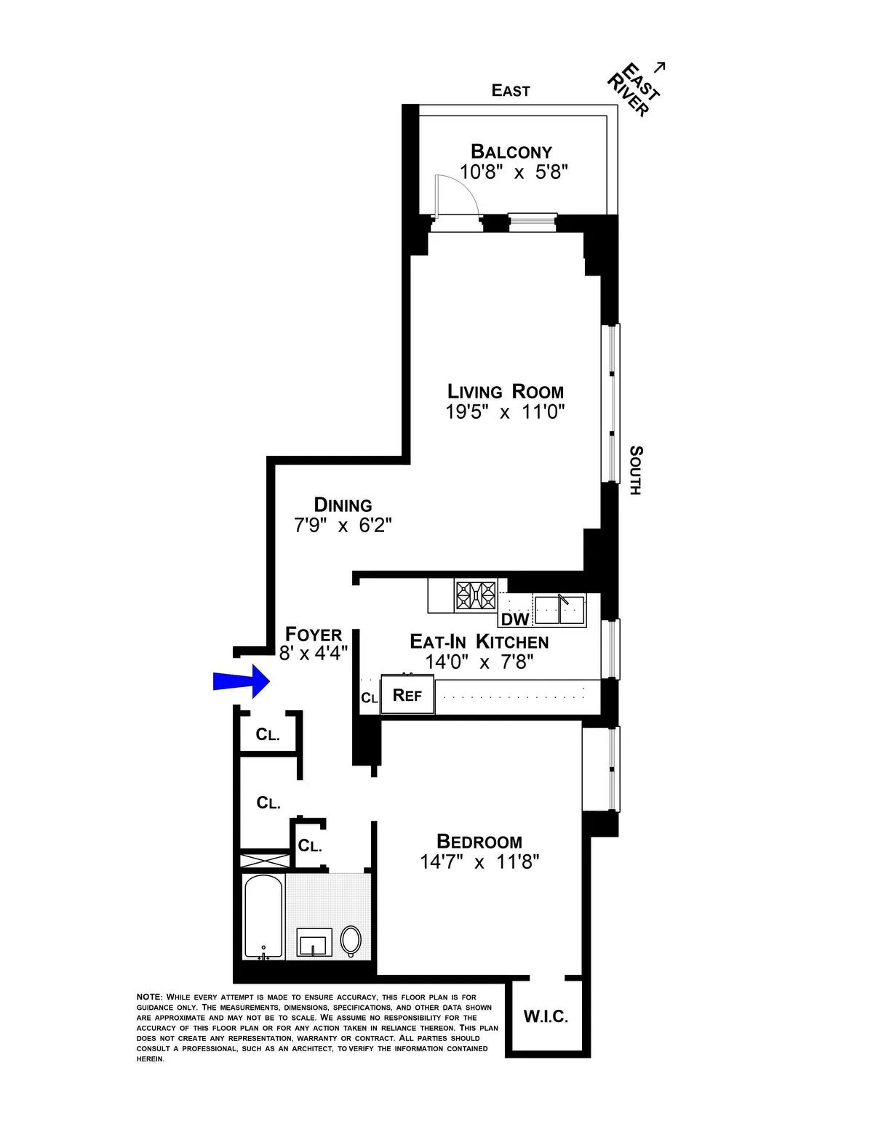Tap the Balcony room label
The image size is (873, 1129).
point(511,152)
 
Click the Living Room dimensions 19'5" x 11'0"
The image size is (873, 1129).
point(505,412)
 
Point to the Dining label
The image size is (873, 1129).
point(343,505)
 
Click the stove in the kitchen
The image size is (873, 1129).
point(476,595)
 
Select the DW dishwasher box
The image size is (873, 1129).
point(515,619)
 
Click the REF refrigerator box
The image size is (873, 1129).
point(407,695)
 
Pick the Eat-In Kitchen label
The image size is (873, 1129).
point(479,641)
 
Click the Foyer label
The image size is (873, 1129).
point(314,634)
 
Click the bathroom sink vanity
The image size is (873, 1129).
point(314,943)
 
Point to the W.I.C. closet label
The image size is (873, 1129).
point(546,1016)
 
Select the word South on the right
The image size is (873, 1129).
point(635,470)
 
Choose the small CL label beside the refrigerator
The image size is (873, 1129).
point(370,698)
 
